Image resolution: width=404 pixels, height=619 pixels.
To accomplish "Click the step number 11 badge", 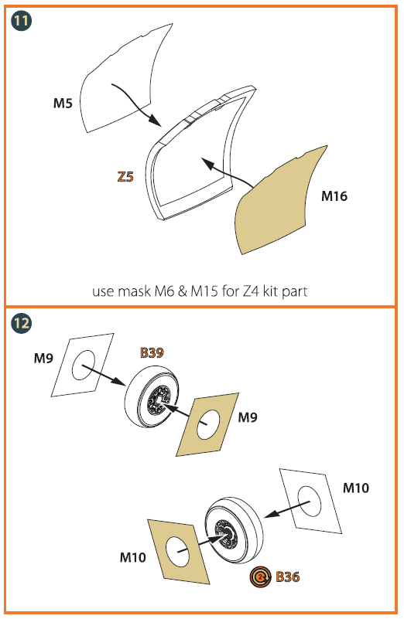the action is click(x=21, y=21).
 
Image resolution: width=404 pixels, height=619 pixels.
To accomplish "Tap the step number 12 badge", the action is click(x=21, y=323).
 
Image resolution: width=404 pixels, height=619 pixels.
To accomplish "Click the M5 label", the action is click(x=63, y=104).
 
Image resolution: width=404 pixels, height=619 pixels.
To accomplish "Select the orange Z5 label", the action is click(x=125, y=176).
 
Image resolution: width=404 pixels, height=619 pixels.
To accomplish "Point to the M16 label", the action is click(x=334, y=196).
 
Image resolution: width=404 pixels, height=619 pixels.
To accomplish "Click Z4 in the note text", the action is click(x=251, y=291).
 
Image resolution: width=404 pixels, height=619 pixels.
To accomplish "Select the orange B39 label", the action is click(x=152, y=352).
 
